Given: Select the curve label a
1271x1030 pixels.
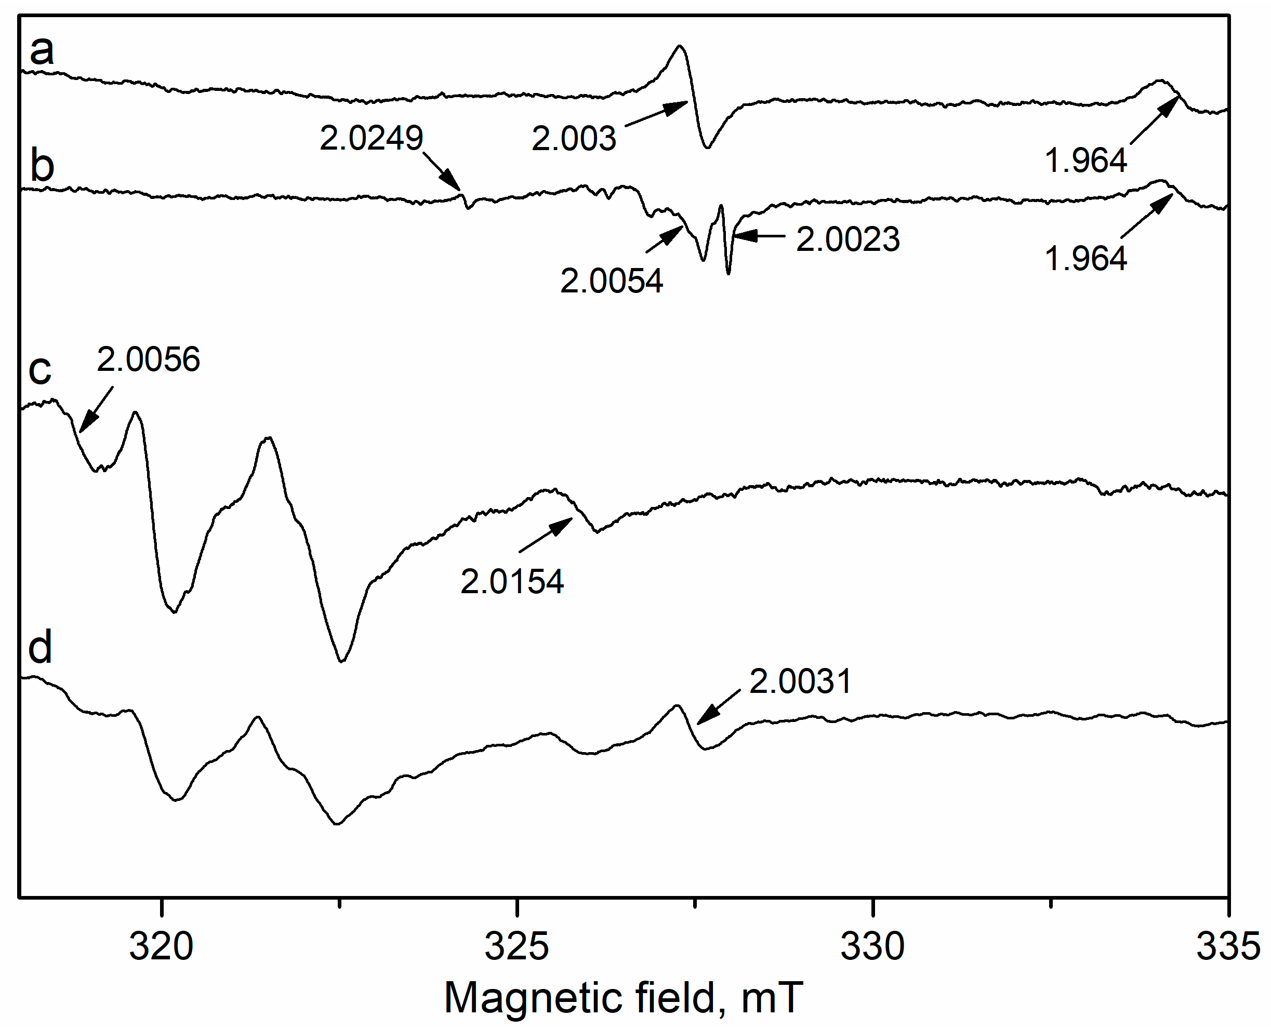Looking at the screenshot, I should (42, 50).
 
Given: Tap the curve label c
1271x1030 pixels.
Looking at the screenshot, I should (40, 370).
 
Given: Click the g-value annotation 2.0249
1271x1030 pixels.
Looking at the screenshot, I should (371, 138).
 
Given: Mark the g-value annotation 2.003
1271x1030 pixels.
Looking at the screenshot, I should (574, 139).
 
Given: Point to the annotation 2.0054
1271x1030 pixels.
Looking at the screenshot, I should (612, 280).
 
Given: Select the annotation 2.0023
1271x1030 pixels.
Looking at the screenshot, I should (848, 239).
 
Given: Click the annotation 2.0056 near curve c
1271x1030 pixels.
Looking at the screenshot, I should (149, 359).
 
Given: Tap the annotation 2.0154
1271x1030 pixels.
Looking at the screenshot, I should (512, 581).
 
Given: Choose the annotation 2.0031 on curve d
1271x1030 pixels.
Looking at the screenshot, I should (800, 681).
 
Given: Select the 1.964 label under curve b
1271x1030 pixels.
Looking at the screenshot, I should (1085, 259).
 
